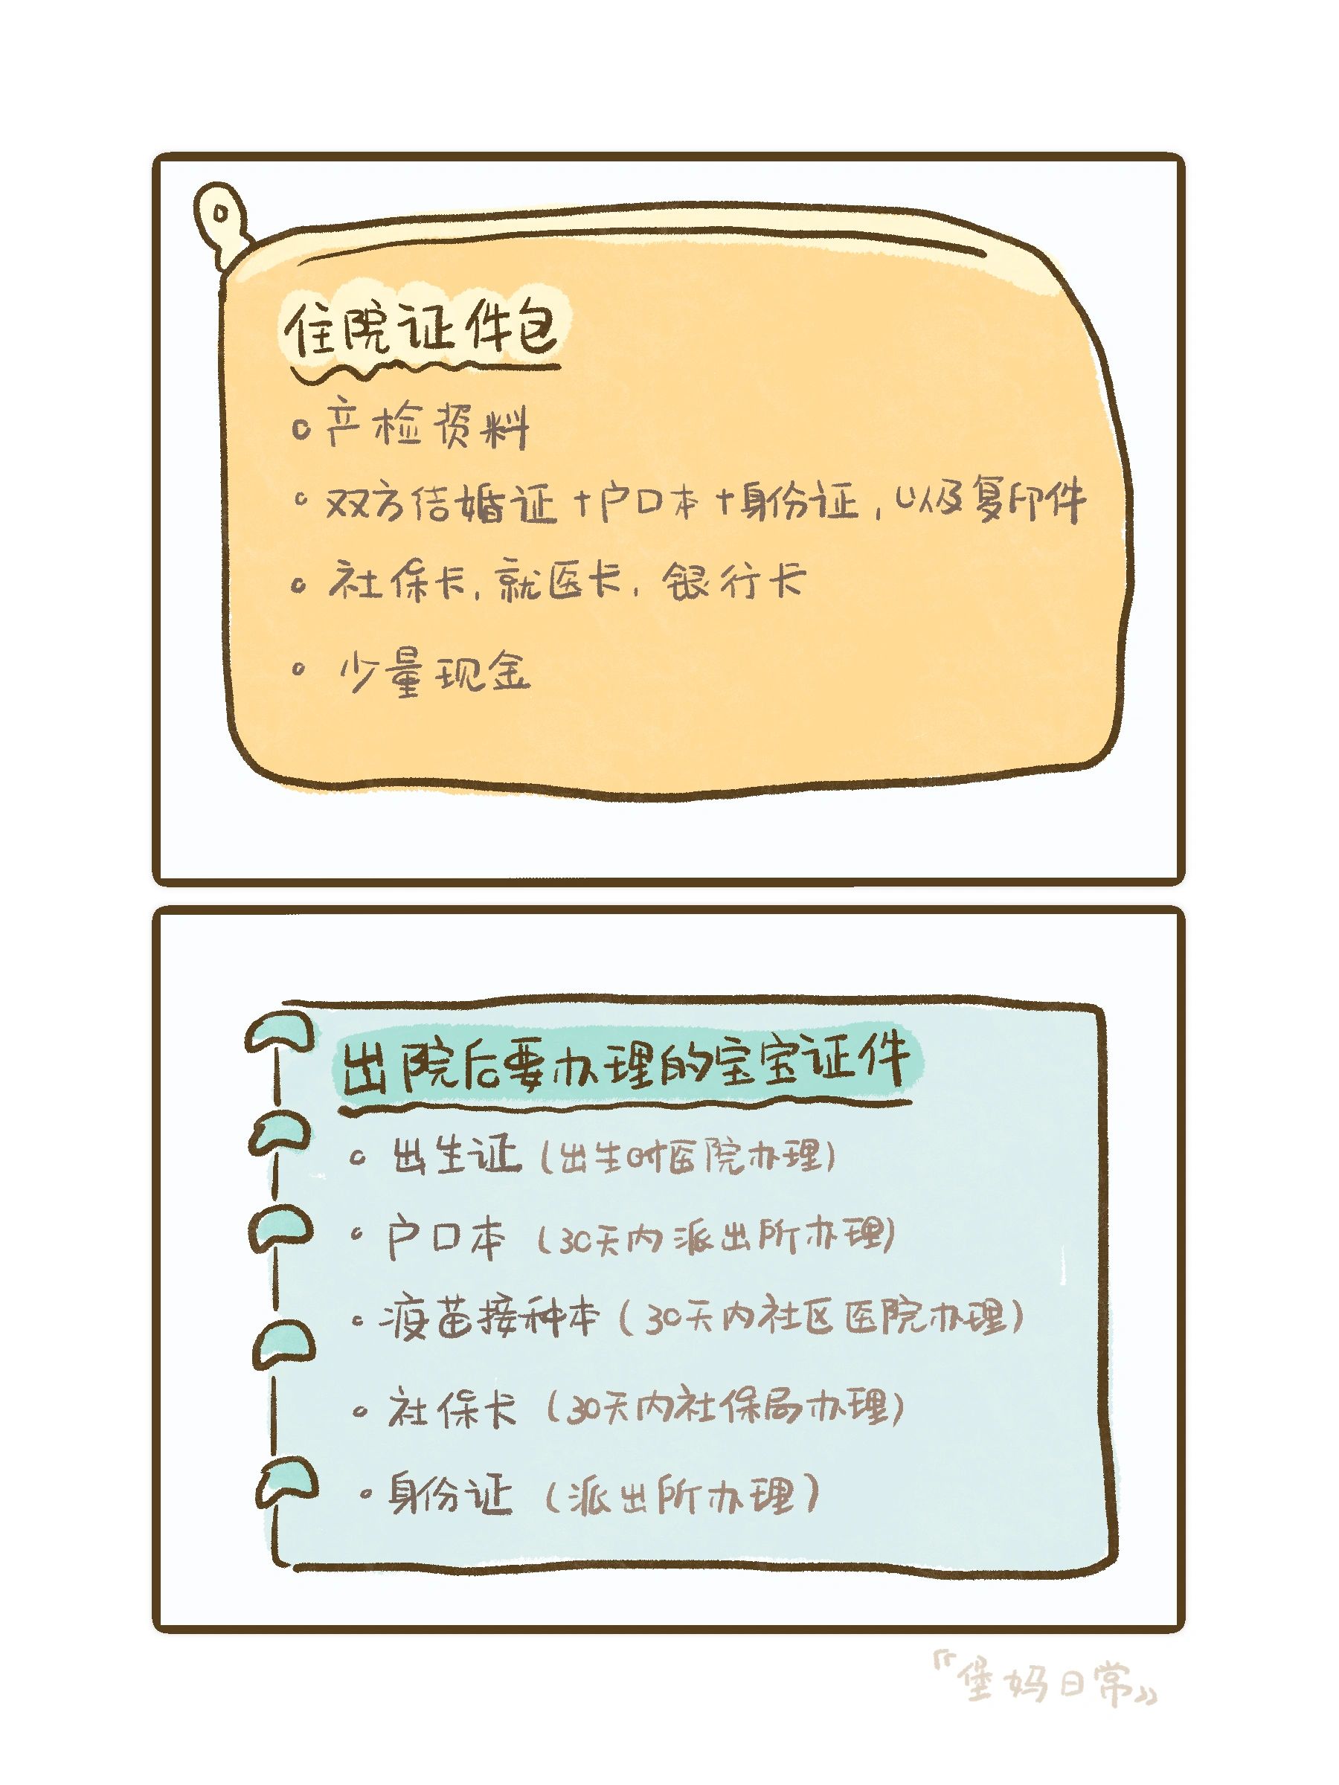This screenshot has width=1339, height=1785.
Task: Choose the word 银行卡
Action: click(x=733, y=581)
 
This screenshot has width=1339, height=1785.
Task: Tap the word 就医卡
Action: click(x=558, y=582)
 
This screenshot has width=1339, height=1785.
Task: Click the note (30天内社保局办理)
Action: click(x=722, y=1409)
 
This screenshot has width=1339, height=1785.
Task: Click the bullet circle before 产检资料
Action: click(x=302, y=429)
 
